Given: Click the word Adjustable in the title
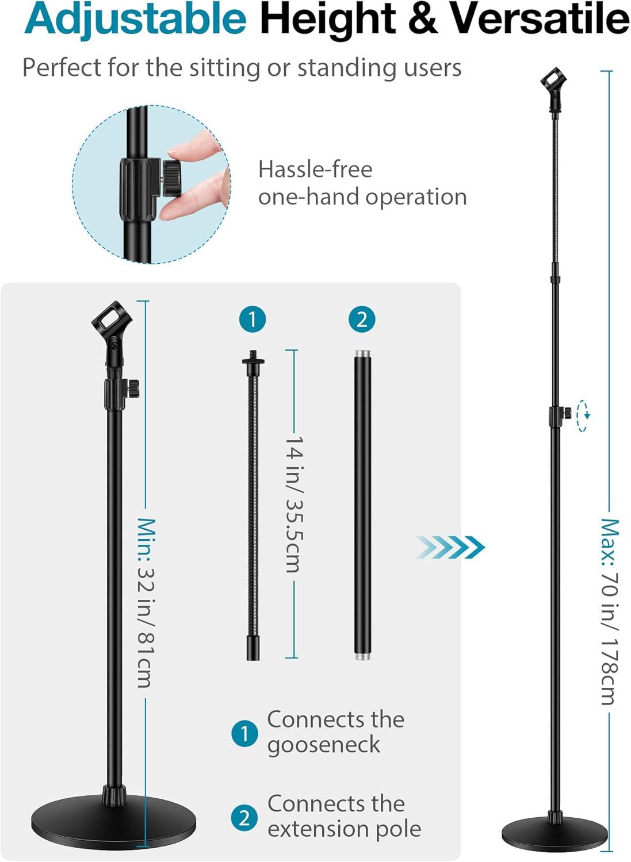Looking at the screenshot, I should pos(136,18).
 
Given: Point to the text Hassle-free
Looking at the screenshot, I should pos(315,170).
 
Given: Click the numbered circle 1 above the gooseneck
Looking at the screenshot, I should pos(253,320).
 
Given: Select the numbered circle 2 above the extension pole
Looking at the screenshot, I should pos(362,320).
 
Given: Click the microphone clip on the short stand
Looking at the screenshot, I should pos(109,330).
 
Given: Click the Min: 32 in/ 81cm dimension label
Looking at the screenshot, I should pos(146,603).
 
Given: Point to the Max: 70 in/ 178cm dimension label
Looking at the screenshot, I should pos(610,612).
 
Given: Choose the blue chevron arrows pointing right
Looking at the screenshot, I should pos(450,547).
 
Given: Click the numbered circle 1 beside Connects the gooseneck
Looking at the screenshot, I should pos(244,733).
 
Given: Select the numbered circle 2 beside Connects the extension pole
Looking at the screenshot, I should pos(244,817).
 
